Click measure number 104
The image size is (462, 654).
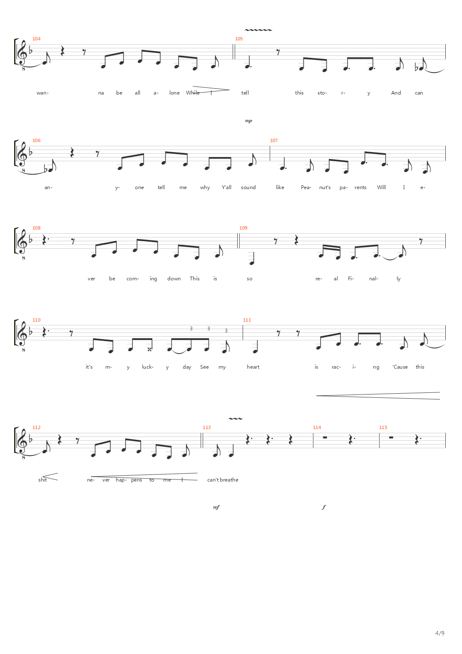(x=37, y=39)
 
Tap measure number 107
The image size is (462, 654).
(x=274, y=140)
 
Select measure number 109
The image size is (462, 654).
(x=243, y=228)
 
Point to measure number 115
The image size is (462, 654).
(x=383, y=427)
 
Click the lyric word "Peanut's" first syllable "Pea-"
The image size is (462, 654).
(x=306, y=187)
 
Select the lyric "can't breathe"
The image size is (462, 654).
(x=223, y=480)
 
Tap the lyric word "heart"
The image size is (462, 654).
(x=253, y=367)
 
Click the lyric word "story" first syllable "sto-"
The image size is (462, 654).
(x=322, y=93)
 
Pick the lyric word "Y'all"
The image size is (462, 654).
(x=226, y=187)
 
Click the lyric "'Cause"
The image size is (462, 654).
(x=400, y=367)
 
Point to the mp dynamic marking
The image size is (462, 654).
(x=248, y=120)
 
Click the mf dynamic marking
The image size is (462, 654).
(x=216, y=507)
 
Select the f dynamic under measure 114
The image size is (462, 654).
(x=324, y=507)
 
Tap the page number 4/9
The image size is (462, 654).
(x=440, y=633)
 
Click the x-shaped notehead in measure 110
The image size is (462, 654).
(x=149, y=349)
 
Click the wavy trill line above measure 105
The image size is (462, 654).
(x=258, y=30)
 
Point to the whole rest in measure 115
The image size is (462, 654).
(x=391, y=437)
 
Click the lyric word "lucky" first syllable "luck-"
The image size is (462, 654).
(x=148, y=367)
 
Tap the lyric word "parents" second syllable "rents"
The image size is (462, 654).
(x=360, y=187)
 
